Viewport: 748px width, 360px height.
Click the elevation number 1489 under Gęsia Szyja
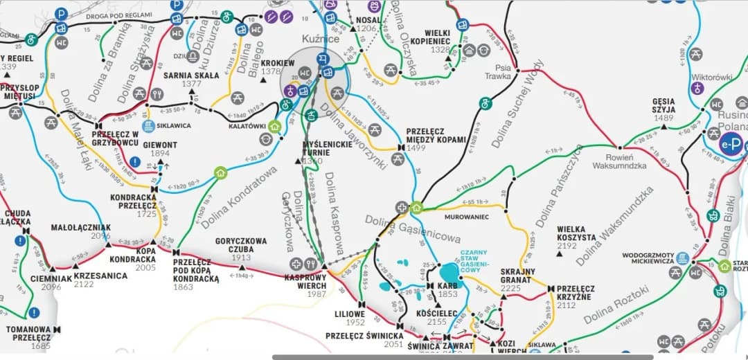coord(663,118)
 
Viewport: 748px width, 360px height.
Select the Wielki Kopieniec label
coord(438,37)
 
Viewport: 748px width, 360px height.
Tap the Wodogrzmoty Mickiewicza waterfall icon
coord(683,257)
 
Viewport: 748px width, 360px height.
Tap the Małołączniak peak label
coord(80,227)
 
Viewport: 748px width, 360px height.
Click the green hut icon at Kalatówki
coord(275,126)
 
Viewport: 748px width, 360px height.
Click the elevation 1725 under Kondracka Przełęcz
coord(147,215)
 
